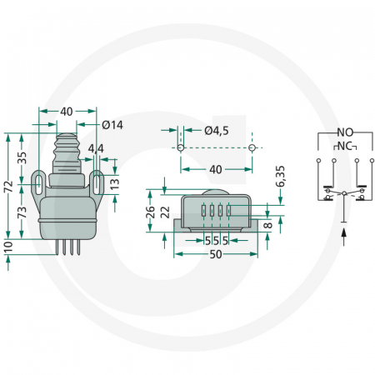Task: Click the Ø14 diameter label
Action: pos(112,125)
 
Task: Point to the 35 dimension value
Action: pos(22,156)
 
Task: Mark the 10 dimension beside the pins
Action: pos(8,247)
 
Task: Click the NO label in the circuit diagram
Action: pos(343,132)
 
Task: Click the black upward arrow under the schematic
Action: pos(343,235)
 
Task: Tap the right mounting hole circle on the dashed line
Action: pos(251,147)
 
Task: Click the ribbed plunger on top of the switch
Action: pos(66,150)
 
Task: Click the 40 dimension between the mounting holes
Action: pos(216,169)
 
